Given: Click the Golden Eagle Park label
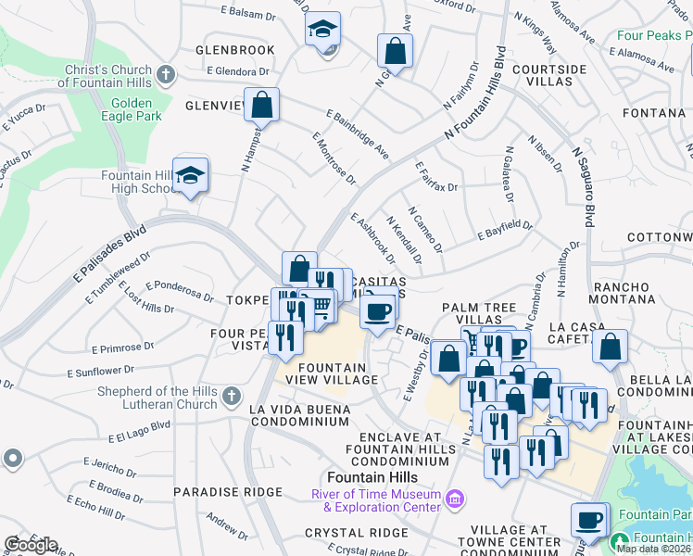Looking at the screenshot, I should pyautogui.click(x=136, y=109).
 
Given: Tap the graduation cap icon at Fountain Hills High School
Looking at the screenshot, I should pyautogui.click(x=190, y=175).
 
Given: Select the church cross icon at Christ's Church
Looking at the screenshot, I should pyautogui.click(x=166, y=74).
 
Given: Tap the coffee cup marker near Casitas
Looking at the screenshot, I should pyautogui.click(x=377, y=310).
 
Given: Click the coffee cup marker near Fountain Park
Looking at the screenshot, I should pyautogui.click(x=588, y=521).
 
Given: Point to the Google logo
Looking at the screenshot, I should pyautogui.click(x=30, y=545).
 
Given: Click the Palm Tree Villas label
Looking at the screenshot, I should pyautogui.click(x=478, y=313).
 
